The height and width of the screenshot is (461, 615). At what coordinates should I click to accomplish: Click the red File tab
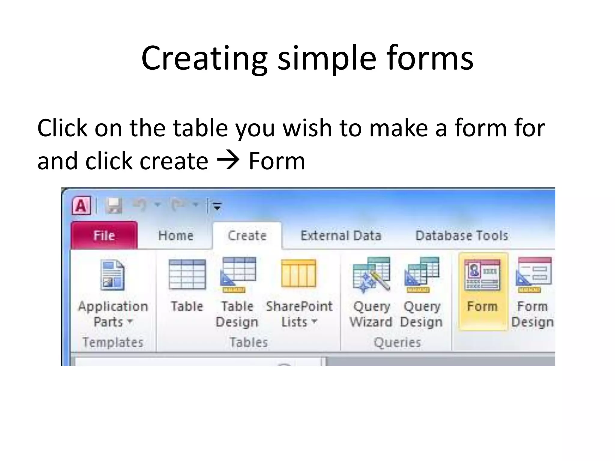[104, 235]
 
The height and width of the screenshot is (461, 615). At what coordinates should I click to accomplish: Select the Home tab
[176, 235]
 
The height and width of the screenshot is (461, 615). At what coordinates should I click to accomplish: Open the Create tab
[247, 235]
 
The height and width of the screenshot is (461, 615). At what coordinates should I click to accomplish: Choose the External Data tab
[341, 235]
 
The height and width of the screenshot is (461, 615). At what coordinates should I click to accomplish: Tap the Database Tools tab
[462, 235]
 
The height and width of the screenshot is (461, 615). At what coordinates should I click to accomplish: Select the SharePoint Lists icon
[298, 273]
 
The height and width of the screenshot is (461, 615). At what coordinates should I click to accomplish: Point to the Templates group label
[113, 342]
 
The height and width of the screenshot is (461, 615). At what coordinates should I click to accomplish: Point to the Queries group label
[397, 342]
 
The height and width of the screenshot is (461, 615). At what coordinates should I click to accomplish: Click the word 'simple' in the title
[327, 58]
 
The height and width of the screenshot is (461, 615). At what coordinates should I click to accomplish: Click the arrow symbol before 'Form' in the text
[228, 161]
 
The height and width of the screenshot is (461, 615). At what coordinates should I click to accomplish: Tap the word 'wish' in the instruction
[307, 128]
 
